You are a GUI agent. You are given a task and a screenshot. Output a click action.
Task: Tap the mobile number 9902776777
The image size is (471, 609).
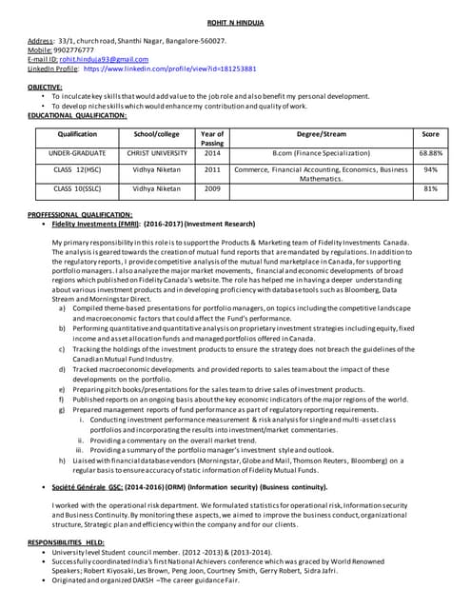tap(73, 50)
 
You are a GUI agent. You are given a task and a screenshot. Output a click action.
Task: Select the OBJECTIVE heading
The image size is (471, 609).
tap(45, 88)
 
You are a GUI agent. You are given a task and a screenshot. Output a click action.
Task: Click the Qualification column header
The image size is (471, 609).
tap(77, 134)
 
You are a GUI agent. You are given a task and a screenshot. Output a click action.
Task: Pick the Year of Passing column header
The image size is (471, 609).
tap(212, 139)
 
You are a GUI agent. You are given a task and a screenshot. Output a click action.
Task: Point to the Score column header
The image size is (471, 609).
tap(430, 134)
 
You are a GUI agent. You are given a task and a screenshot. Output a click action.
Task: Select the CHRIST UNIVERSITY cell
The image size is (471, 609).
tap(157, 152)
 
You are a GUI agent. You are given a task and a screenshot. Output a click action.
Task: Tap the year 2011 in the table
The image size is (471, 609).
tap(212, 169)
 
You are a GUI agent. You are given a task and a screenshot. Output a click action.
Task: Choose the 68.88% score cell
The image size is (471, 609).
tap(430, 152)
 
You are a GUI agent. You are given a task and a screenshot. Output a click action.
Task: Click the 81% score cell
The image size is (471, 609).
tap(430, 188)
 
